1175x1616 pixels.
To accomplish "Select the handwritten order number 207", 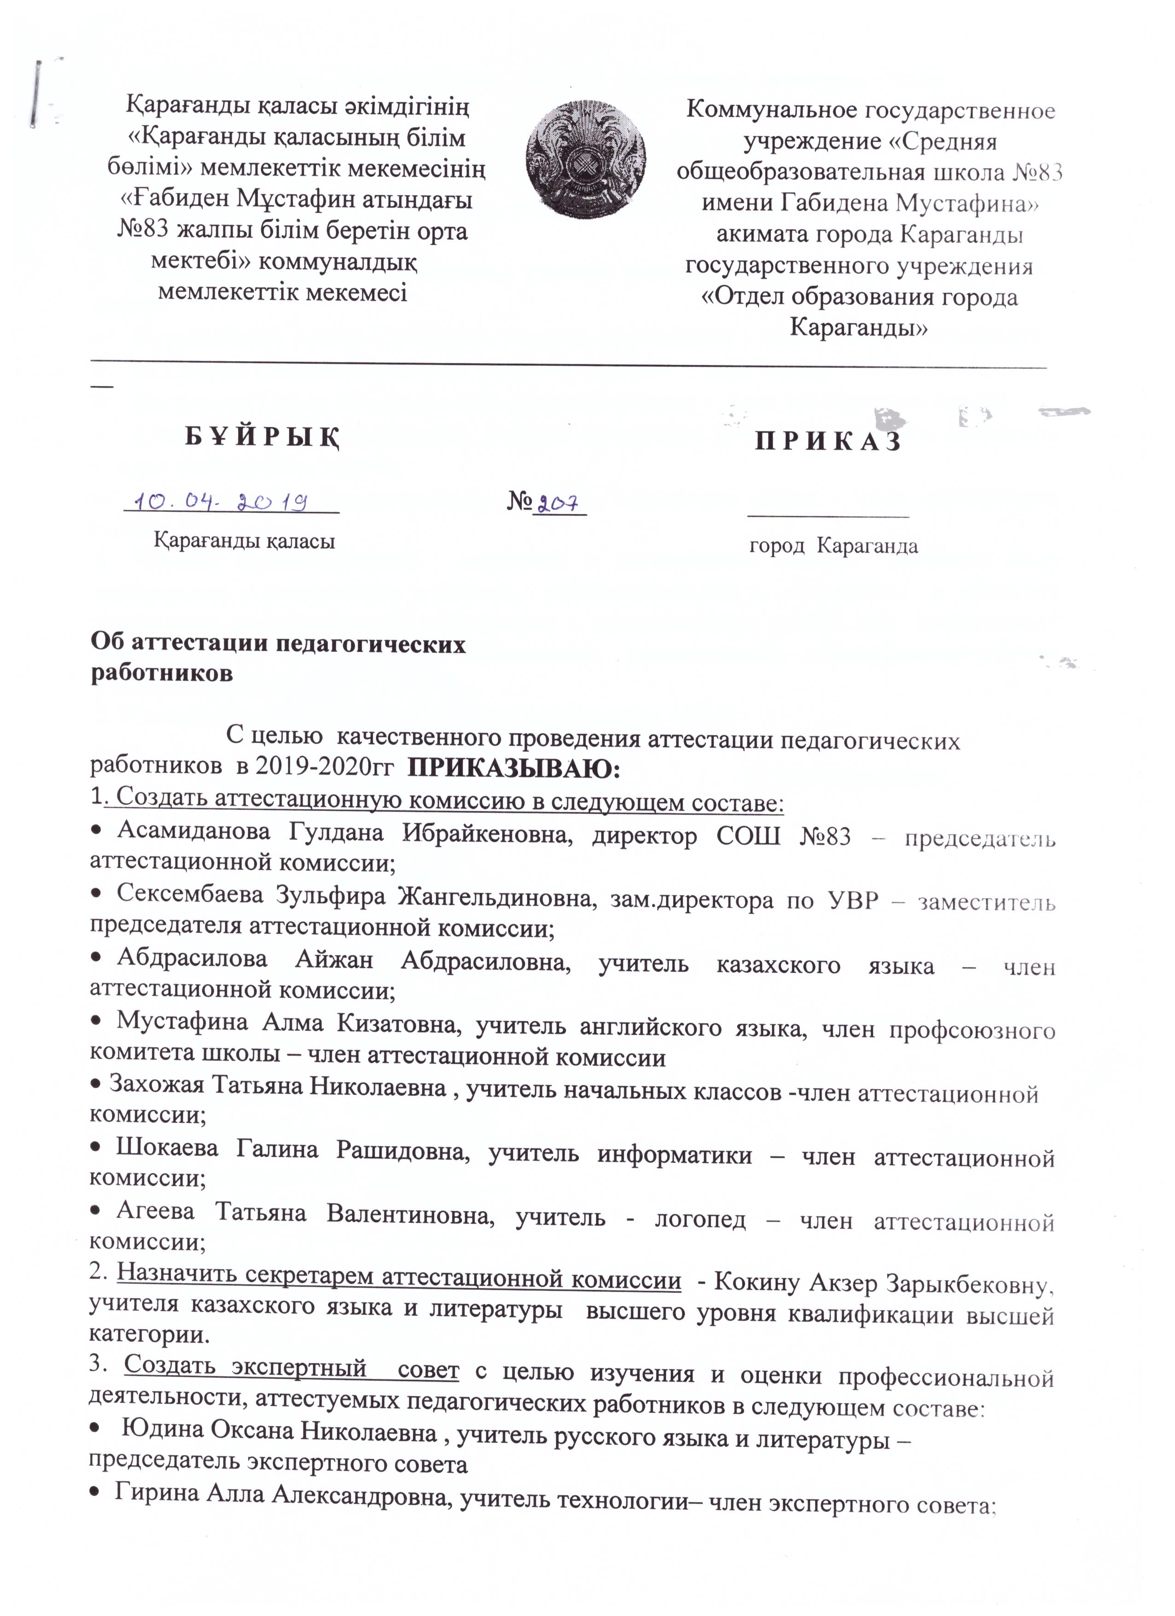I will (558, 504).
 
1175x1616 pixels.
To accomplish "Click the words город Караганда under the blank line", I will (833, 546).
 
